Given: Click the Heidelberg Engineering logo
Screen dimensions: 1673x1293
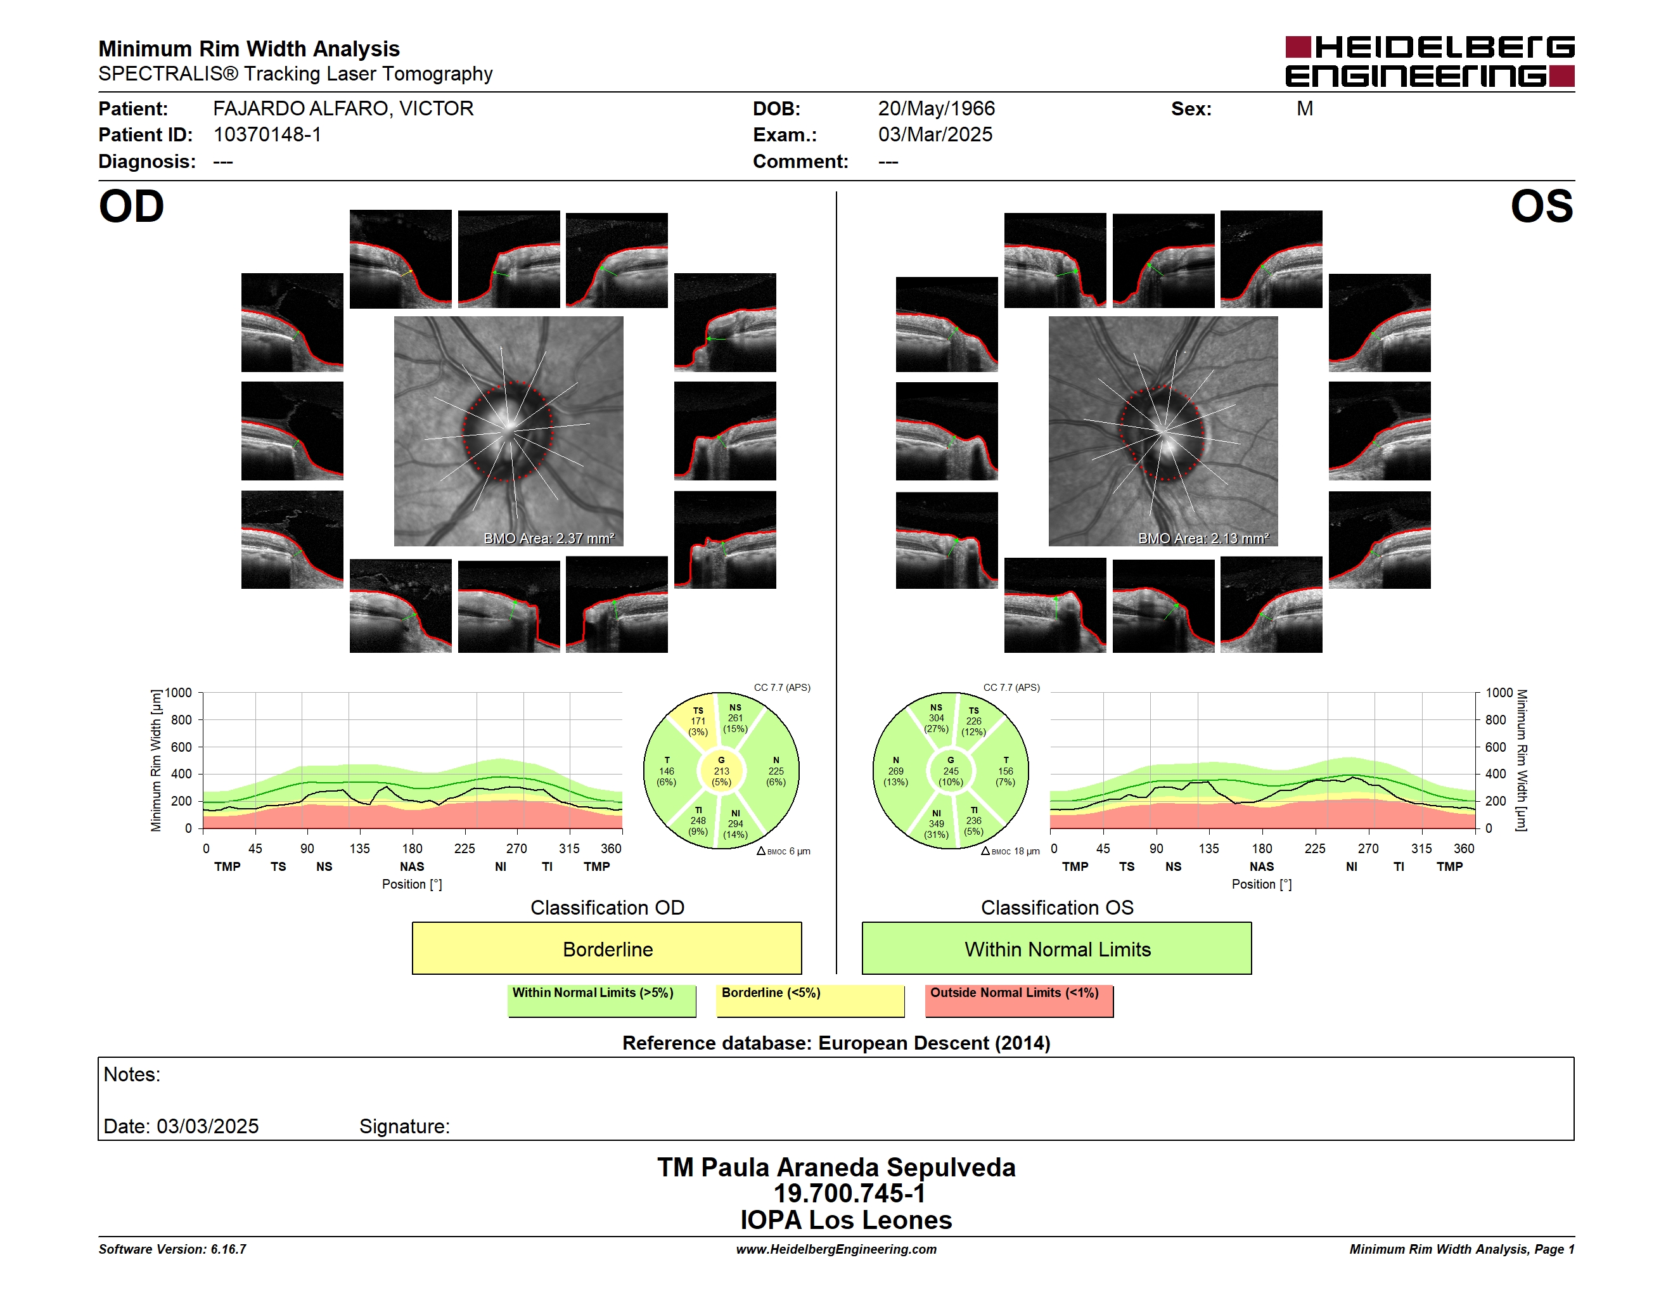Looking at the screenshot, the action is pyautogui.click(x=1430, y=61).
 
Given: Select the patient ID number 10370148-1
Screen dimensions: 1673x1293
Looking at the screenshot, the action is pyautogui.click(x=267, y=135).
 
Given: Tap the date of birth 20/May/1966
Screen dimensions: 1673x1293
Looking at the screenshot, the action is pyautogui.click(x=936, y=109).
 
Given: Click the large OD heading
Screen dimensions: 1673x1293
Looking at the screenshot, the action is pyautogui.click(x=131, y=207).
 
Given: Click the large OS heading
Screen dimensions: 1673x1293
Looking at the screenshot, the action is pyautogui.click(x=1541, y=207).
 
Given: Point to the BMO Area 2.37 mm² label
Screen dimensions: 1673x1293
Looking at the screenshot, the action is pyautogui.click(x=548, y=539).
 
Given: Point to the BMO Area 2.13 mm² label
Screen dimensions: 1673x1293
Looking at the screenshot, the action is pyautogui.click(x=1203, y=539).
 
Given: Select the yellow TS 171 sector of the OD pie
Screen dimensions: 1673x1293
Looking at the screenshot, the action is pyautogui.click(x=696, y=721).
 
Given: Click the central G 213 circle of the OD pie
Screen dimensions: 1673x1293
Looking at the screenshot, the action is pyautogui.click(x=721, y=771).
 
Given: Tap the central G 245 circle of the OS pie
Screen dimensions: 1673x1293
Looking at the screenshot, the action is pyautogui.click(x=951, y=771).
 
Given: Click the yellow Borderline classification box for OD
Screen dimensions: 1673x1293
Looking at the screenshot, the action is pyautogui.click(x=606, y=948).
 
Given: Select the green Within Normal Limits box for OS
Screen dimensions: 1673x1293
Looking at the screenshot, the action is pyautogui.click(x=1057, y=948).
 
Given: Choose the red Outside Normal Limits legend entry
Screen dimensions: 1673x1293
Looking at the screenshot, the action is pyautogui.click(x=1019, y=1000).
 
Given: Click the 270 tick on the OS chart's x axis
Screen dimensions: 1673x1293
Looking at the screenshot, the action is pyautogui.click(x=1368, y=849).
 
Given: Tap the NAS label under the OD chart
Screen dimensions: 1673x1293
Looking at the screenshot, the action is pyautogui.click(x=412, y=866).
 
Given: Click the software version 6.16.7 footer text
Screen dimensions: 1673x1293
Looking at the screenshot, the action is pyautogui.click(x=172, y=1249).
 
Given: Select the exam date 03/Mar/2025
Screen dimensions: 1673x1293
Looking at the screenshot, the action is pyautogui.click(x=935, y=135).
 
